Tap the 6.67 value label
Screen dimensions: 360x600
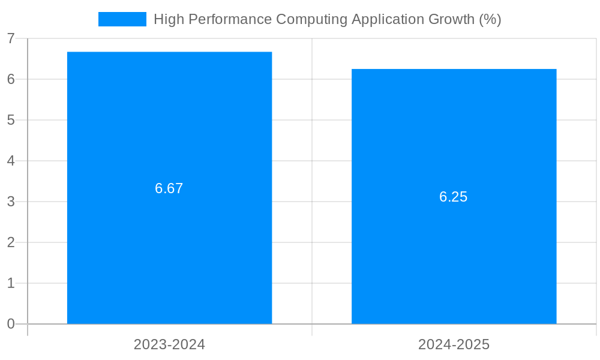coord(169,188)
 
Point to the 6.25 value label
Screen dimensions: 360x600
coord(454,197)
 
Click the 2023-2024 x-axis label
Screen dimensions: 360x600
coord(169,344)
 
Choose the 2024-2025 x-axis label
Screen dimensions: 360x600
coord(454,344)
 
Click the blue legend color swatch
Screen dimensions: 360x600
coord(122,19)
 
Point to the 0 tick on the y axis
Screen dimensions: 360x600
coord(11,324)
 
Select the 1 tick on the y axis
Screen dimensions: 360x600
coord(11,283)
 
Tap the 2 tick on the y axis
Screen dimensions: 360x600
coord(11,242)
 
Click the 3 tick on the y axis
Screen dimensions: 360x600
coord(11,202)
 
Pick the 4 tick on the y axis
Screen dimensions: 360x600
coord(11,161)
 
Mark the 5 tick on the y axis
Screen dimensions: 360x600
coord(11,120)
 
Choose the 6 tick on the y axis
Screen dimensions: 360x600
coord(11,79)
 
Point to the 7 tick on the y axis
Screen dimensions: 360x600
coord(11,38)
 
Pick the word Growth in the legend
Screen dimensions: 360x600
coord(450,19)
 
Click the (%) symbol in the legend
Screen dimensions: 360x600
coord(490,19)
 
